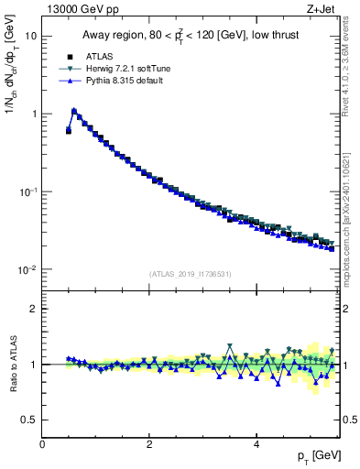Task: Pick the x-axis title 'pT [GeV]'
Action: (x=314, y=455)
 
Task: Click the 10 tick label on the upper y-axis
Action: (x=30, y=37)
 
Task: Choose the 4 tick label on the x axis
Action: (x=256, y=444)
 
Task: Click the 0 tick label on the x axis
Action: (x=42, y=444)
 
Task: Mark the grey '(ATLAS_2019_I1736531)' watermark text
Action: (x=191, y=274)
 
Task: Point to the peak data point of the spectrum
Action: (x=74, y=112)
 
